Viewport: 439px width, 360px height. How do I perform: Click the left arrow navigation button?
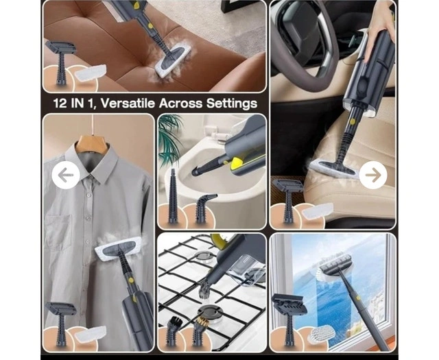[x=66, y=176]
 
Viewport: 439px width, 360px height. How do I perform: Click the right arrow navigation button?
[x=373, y=176]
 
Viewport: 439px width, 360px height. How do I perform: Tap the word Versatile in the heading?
[x=128, y=103]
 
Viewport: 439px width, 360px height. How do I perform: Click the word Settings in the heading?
[x=232, y=104]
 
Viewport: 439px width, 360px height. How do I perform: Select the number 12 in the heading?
[x=60, y=104]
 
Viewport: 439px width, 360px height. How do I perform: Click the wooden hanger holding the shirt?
[x=93, y=143]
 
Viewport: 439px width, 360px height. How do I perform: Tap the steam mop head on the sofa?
[x=173, y=62]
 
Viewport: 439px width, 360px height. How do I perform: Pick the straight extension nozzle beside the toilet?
[x=173, y=195]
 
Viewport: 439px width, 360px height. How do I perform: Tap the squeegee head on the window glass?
[x=336, y=263]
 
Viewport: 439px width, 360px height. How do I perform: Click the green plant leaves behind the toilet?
[x=169, y=137]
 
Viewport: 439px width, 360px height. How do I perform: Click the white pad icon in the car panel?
[x=318, y=211]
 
